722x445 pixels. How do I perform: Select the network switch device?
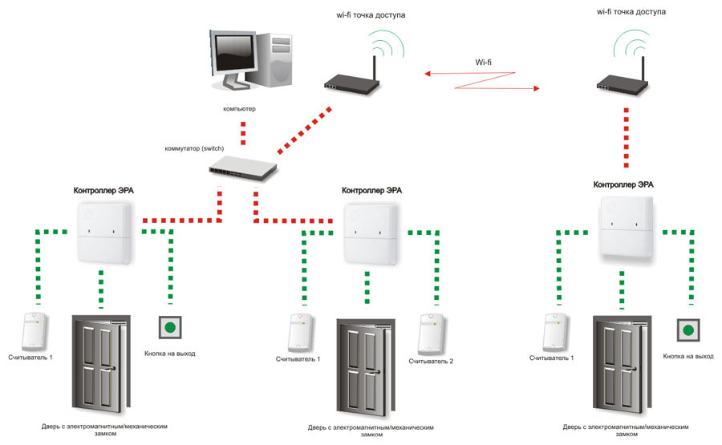[x=243, y=168]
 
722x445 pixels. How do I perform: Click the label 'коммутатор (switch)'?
[x=194, y=148]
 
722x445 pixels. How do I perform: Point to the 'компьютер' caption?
[x=239, y=109]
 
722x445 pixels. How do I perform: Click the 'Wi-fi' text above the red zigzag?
[x=483, y=62]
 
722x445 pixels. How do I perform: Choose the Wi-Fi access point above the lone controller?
[x=623, y=76]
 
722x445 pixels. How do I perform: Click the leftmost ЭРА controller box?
[x=104, y=233]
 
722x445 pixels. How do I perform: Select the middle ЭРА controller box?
[x=371, y=234]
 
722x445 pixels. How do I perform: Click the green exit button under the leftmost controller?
[x=170, y=328]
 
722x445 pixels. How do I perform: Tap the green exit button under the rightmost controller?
[x=688, y=330]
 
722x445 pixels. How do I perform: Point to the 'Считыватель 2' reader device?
[x=431, y=334]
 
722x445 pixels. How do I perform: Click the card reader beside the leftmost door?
[x=34, y=332]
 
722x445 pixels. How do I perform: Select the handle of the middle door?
[x=379, y=372]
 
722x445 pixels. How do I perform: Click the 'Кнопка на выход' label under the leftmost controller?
[x=170, y=354]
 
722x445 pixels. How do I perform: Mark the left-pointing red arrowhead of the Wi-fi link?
[x=428, y=74]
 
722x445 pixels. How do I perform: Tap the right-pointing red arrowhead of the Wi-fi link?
[x=536, y=88]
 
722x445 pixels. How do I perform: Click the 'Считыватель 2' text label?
[x=431, y=362]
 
